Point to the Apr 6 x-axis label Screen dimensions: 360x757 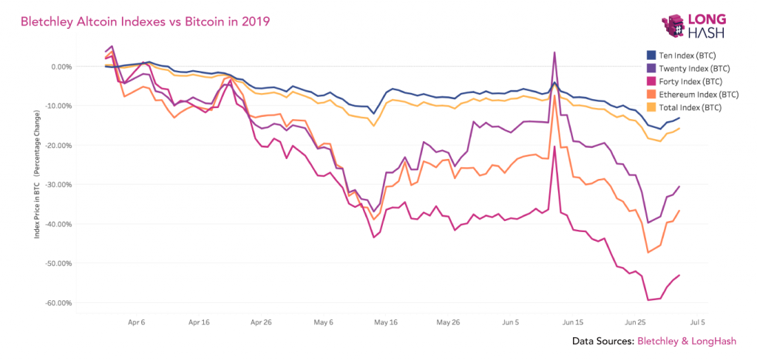click(x=137, y=323)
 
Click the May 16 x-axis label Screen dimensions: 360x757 click(x=386, y=323)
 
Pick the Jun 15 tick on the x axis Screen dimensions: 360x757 click(x=573, y=323)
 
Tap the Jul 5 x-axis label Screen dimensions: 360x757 click(x=697, y=323)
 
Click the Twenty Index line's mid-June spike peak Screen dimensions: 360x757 click(x=554, y=52)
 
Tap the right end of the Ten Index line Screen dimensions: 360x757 click(x=679, y=118)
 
